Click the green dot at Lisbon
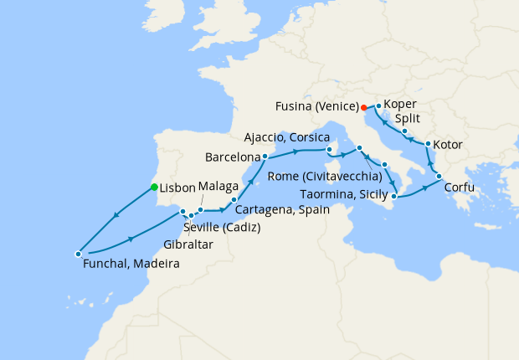point(154,187)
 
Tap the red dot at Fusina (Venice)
point(362,107)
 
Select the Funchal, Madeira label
point(131,264)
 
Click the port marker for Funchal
point(78,253)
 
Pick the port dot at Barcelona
point(265,156)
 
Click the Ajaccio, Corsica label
point(283,136)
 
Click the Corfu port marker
point(437,176)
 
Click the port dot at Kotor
point(428,145)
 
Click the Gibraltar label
point(189,244)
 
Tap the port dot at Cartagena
point(234,200)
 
